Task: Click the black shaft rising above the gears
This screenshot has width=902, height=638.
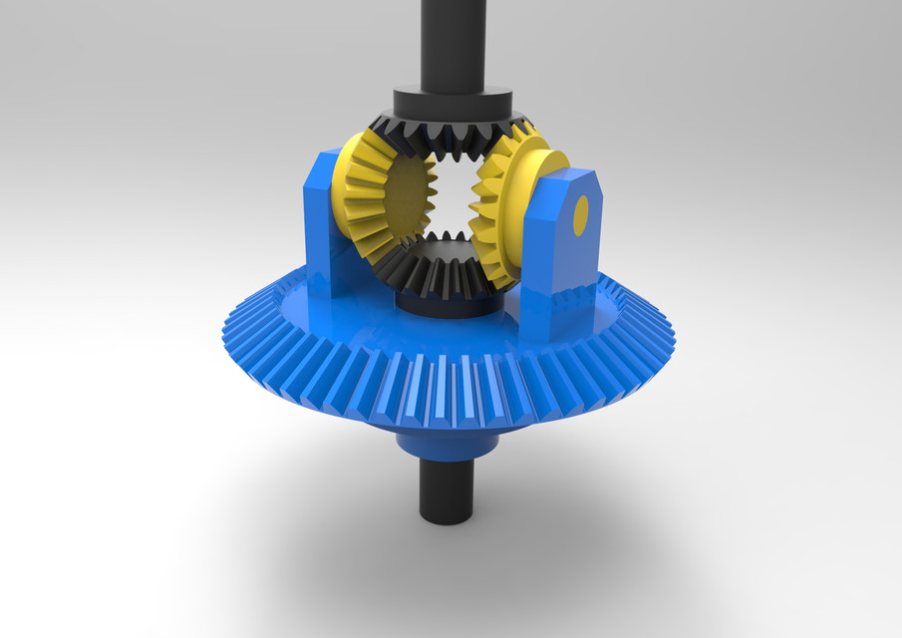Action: coord(451,40)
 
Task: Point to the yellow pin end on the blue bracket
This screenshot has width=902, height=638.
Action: coord(581,213)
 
